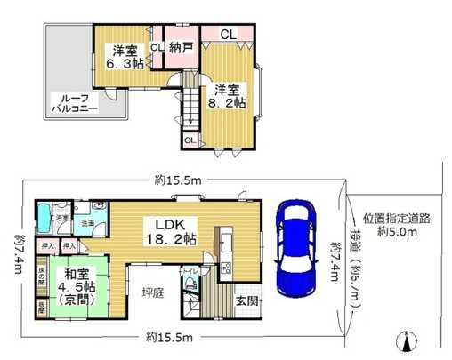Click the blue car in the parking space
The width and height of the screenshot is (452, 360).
point(295,249)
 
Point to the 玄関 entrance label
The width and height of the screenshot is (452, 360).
point(247,302)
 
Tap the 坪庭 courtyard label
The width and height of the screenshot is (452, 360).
point(157,290)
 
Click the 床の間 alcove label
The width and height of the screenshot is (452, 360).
point(43,271)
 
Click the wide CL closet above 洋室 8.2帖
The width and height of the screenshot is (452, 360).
point(227,36)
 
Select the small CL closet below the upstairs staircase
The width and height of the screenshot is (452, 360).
point(190,140)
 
